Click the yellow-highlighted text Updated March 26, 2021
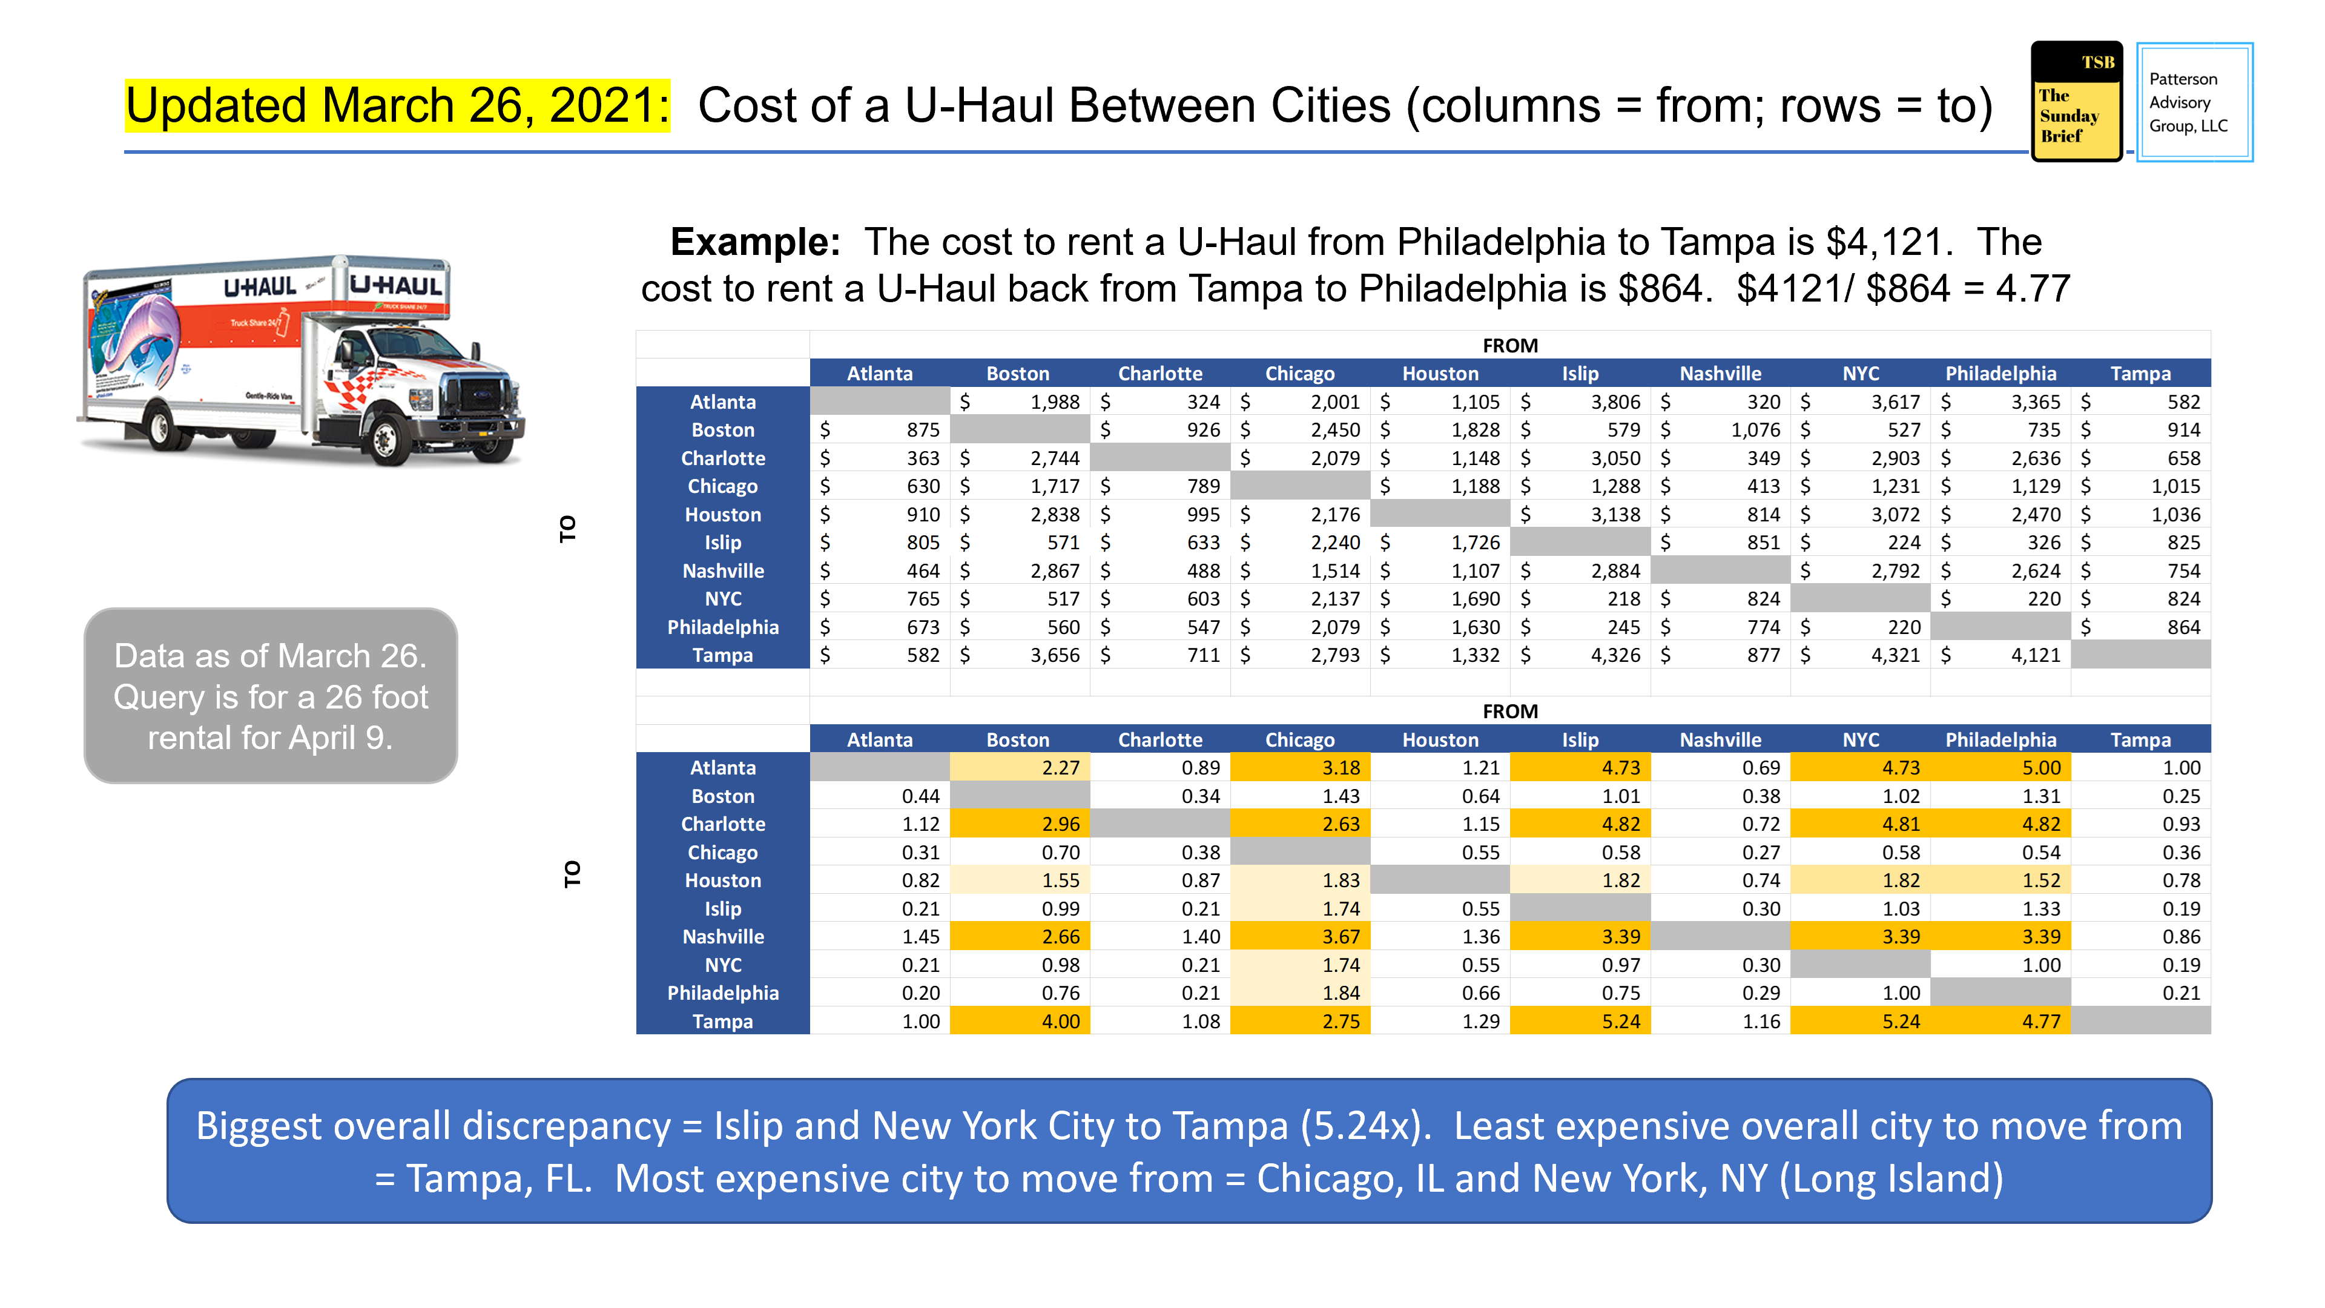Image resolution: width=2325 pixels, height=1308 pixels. point(397,105)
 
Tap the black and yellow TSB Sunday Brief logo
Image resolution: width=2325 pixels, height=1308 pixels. point(2076,102)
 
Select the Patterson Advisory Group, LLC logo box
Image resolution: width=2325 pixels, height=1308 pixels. point(2194,102)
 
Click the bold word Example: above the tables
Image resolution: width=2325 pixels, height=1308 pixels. point(754,242)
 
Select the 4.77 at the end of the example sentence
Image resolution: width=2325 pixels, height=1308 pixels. point(2033,289)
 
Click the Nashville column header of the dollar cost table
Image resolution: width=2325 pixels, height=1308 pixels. point(1720,374)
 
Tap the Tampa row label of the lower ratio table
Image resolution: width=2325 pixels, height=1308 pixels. point(722,1022)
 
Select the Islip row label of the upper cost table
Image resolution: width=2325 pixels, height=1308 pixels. point(722,543)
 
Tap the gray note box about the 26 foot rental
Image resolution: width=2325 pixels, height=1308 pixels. point(271,696)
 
